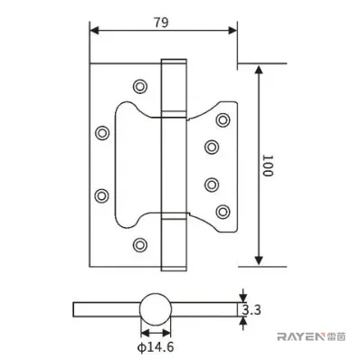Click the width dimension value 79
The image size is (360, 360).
(x=161, y=23)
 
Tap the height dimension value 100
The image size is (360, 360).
(x=267, y=166)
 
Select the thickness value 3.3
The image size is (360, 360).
(x=251, y=310)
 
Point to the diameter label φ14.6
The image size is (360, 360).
(x=156, y=347)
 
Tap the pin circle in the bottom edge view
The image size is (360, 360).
(x=156, y=308)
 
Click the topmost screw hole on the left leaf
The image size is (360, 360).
(x=140, y=87)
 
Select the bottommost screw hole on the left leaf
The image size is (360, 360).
(x=140, y=244)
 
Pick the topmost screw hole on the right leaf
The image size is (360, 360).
(x=223, y=120)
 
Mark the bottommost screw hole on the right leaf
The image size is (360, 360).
(x=223, y=212)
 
